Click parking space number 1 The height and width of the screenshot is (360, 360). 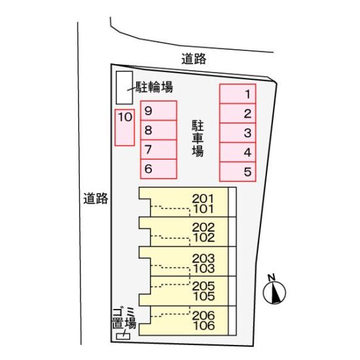(238, 94)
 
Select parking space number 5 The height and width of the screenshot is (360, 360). (238, 171)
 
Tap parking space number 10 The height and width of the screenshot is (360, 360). (124, 128)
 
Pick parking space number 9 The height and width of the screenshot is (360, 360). (158, 111)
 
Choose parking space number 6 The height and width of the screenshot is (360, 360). (158, 169)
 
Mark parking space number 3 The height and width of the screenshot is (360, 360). (238, 133)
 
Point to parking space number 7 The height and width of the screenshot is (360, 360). (158, 149)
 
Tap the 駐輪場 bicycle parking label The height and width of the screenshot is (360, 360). (154, 87)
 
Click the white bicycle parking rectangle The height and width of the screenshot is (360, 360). (124, 88)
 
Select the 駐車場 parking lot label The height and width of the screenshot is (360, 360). (198, 138)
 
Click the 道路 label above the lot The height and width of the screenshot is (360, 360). (194, 59)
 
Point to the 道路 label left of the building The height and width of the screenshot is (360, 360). (96, 198)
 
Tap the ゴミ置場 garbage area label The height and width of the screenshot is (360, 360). (124, 319)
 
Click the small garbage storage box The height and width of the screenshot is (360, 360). (123, 336)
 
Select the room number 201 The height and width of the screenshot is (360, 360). (203, 198)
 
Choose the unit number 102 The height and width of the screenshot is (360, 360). (204, 238)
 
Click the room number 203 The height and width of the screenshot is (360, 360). (203, 259)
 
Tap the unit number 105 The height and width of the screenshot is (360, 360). (204, 296)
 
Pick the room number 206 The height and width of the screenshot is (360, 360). (204, 315)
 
